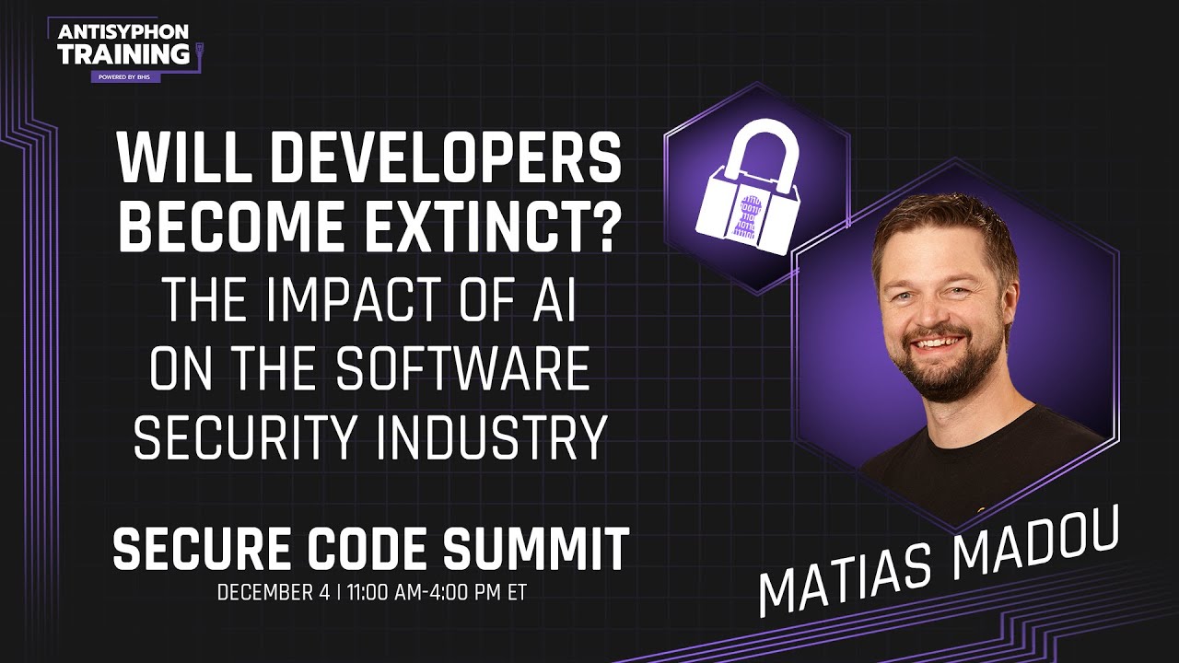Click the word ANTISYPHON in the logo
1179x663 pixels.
[123, 32]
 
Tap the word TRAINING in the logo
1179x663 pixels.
[123, 53]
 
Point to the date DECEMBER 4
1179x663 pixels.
[274, 593]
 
